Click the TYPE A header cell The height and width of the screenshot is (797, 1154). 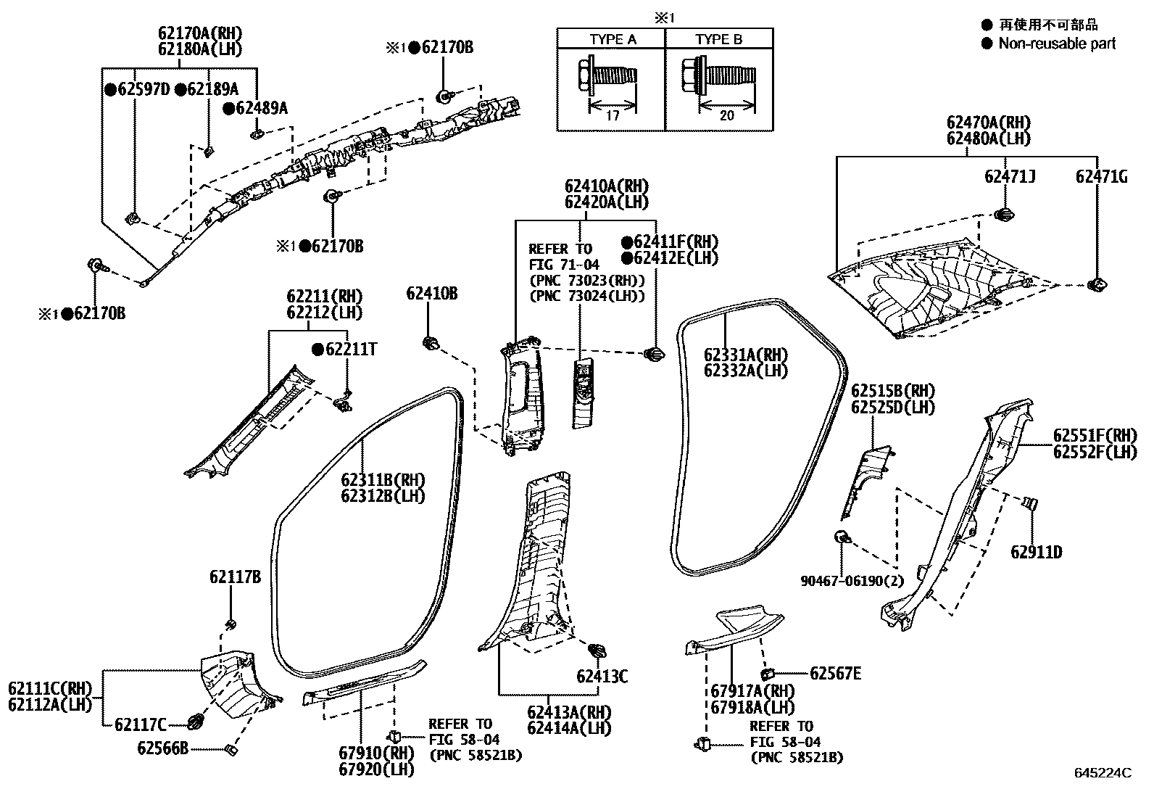tap(613, 39)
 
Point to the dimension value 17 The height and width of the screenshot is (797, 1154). tap(612, 115)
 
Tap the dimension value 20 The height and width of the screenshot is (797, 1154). tap(726, 115)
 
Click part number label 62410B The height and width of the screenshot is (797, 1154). tap(431, 294)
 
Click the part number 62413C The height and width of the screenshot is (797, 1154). tap(602, 677)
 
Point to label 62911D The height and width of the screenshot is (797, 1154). tap(1037, 553)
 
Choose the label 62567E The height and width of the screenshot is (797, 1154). tap(835, 674)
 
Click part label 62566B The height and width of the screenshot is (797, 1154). tap(163, 748)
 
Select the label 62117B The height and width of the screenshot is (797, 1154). tap(235, 577)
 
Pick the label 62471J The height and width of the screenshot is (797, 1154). tap(1010, 176)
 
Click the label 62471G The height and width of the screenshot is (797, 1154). tap(1101, 176)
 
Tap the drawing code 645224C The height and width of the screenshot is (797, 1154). tap(1103, 773)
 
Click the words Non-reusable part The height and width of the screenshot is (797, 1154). tap(1057, 44)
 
